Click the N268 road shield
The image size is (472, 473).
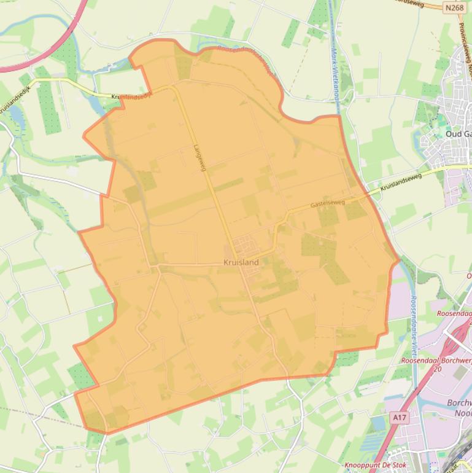454,7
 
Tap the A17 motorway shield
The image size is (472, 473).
400,418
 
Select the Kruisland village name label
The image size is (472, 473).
241,262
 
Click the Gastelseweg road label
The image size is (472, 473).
327,203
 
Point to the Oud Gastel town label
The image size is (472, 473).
458,134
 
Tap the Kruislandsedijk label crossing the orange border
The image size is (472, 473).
131,96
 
